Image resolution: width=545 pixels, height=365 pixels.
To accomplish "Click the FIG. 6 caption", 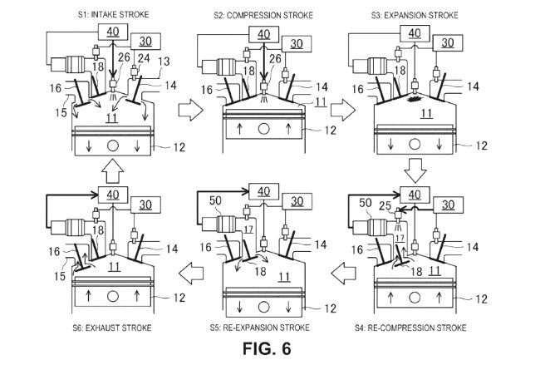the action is [267, 348].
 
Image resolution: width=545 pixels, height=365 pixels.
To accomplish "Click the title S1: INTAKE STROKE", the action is [113, 14].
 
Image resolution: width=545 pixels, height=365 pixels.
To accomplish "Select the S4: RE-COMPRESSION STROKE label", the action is [410, 328].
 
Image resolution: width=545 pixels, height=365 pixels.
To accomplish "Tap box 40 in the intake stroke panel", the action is [113, 32].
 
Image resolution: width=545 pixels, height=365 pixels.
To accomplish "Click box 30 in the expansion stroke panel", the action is [448, 43].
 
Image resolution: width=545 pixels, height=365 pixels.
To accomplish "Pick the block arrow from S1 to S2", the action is [190, 110].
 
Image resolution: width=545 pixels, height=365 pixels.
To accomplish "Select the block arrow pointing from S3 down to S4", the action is [415, 170].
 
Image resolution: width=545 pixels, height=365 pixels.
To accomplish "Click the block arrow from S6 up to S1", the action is [113, 170].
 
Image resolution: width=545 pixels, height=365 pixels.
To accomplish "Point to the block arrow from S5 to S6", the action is [191, 274].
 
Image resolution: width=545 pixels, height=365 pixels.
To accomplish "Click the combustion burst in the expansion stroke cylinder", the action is [415, 99].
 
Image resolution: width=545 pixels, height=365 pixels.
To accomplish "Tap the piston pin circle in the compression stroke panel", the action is [264, 129].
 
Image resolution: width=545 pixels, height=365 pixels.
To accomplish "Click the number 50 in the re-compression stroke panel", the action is [366, 203].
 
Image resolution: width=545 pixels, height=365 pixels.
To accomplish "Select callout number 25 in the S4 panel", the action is [385, 206].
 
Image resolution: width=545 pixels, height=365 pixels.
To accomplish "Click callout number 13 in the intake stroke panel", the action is [164, 62].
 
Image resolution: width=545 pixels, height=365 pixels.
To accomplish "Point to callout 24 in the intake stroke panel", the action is [144, 58].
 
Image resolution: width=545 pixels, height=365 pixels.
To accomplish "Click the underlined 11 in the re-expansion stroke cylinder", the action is [284, 277].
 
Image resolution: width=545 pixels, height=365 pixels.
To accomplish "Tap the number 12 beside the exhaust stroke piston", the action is [179, 298].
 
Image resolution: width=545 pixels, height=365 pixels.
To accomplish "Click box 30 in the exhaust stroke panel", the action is [145, 205].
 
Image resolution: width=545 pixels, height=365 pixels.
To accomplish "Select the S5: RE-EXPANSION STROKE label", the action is [260, 328].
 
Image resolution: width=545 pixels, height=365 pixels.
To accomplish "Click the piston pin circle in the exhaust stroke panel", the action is [113, 297].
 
